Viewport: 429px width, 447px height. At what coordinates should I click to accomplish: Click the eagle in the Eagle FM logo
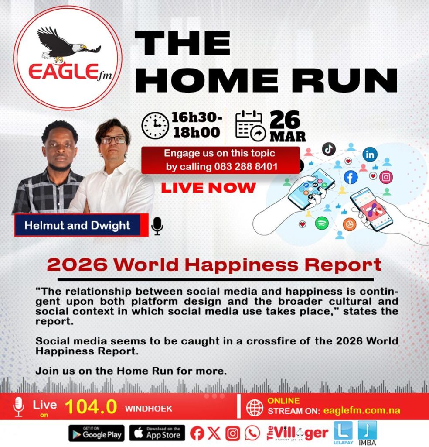68,44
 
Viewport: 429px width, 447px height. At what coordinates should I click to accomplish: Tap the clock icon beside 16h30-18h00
155,125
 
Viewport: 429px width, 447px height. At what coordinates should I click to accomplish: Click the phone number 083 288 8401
245,166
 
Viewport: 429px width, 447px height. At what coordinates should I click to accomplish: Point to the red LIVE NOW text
208,188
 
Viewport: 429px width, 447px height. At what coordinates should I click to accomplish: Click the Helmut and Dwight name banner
81,225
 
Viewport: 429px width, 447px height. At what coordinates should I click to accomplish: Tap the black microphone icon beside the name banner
157,226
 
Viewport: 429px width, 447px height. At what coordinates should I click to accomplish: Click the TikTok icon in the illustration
329,149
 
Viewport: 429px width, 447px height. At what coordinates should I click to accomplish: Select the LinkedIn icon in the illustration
370,155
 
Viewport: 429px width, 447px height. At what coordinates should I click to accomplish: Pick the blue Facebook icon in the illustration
351,177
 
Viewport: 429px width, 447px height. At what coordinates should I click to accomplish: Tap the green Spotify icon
322,223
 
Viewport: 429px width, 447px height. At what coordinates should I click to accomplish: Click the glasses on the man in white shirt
113,140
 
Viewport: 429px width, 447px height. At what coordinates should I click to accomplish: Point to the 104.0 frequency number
91,406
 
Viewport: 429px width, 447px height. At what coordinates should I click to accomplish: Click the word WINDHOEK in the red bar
148,409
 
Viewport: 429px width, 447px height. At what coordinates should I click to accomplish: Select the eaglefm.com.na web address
361,410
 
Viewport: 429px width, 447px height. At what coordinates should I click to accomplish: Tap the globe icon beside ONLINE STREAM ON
255,407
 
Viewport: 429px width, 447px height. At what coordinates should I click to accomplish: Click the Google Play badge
96,433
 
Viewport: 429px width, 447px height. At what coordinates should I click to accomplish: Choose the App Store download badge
157,433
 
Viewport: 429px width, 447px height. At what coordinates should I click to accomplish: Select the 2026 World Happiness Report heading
214,265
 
